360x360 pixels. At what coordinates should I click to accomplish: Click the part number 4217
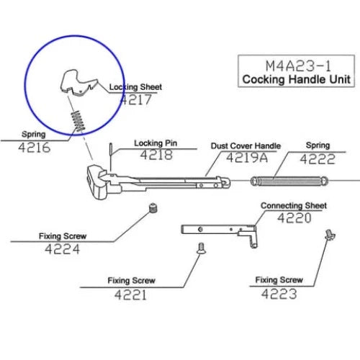coord(136,99)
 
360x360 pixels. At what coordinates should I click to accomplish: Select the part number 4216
coord(35,147)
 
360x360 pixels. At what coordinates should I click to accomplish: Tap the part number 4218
coord(156,155)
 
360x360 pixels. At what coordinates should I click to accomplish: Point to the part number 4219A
coord(247,158)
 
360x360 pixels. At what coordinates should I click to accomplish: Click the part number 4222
coord(318,159)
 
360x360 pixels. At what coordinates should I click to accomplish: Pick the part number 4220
coord(294,218)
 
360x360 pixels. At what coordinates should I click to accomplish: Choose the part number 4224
coord(62,249)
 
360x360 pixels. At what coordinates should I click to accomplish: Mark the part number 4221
coord(130,294)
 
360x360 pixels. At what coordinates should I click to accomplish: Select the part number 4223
coord(279,294)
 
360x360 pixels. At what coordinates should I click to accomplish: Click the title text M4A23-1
coord(298,66)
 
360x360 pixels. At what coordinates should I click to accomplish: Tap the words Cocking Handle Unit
coord(296,79)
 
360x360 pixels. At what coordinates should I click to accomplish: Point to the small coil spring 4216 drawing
coord(78,121)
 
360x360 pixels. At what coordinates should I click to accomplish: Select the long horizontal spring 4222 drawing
coord(289,181)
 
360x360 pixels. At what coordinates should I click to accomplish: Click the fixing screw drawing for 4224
coord(153,208)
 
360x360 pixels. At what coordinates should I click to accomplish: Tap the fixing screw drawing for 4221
coord(201,248)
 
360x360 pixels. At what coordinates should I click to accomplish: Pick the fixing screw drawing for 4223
coord(330,235)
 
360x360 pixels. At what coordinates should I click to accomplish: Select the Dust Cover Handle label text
coord(246,146)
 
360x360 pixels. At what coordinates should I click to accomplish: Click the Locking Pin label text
coord(156,143)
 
